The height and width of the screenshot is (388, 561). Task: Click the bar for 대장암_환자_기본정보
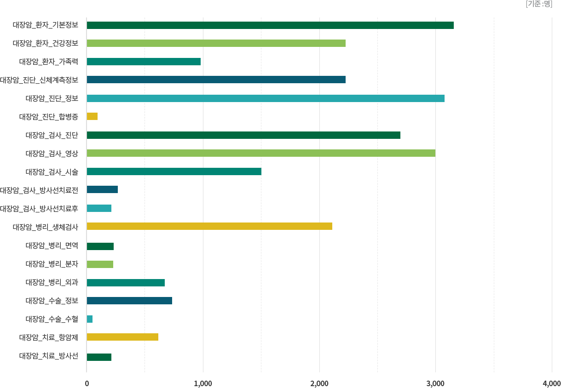(271, 25)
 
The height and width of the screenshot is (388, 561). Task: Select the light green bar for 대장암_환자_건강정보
(216, 43)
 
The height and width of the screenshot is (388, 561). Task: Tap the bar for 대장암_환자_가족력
(144, 62)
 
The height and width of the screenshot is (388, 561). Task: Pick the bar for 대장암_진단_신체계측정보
(216, 80)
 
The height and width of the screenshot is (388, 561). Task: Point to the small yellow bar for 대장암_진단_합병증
(93, 116)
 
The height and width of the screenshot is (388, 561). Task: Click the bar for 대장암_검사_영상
(261, 153)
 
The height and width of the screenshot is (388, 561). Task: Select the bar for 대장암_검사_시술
(174, 171)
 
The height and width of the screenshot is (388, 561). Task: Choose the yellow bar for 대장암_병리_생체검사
(209, 226)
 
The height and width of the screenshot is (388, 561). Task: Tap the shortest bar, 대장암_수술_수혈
(90, 319)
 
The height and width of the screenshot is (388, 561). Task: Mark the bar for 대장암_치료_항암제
(122, 337)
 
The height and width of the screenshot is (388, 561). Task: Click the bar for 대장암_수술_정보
(129, 301)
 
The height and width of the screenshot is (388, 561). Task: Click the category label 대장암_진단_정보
(52, 98)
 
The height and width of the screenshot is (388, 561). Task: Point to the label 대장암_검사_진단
(52, 135)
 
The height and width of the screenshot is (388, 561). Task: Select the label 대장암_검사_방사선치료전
(39, 190)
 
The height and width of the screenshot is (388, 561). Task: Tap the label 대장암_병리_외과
(52, 282)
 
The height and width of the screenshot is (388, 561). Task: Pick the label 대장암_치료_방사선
(48, 356)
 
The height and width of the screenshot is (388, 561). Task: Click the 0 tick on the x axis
(87, 383)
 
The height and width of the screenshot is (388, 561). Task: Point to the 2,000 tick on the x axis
(319, 383)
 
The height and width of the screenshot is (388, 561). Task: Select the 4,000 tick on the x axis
(551, 383)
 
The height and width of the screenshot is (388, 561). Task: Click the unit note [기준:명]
(538, 4)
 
